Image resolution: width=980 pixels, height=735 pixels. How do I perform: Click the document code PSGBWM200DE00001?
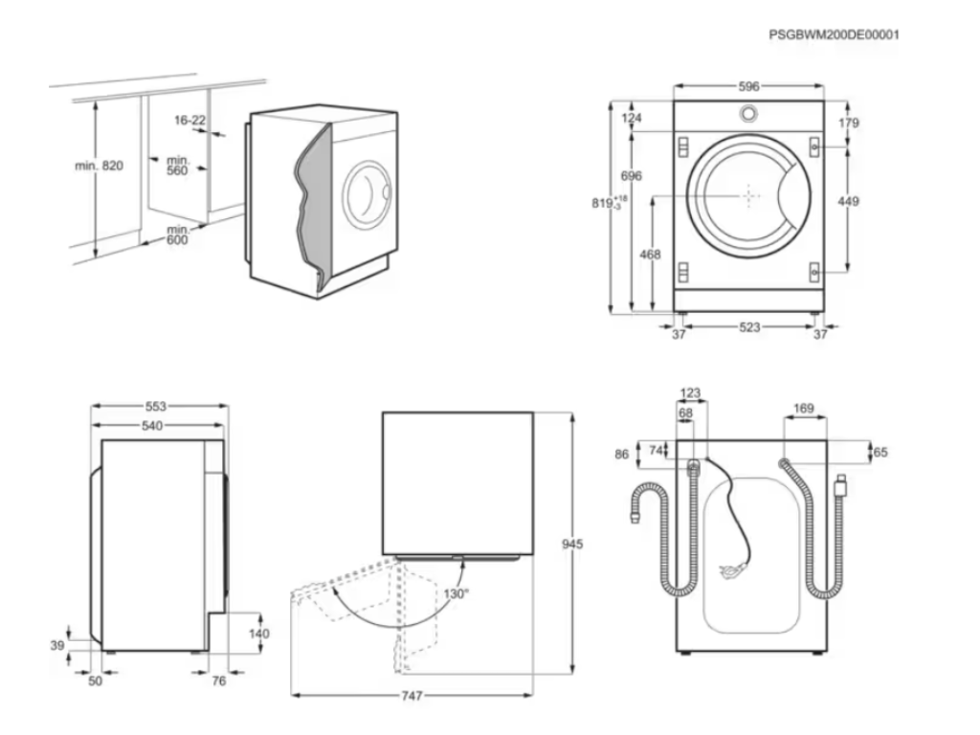coord(834,34)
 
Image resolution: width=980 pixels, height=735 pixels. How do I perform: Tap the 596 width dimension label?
coord(748,86)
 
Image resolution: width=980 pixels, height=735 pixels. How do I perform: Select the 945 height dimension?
coord(572,544)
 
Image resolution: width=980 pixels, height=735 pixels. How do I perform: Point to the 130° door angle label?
coord(457,593)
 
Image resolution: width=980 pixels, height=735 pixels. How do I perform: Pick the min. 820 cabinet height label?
coord(100,166)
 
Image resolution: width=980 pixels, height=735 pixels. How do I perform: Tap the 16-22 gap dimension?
coord(190,120)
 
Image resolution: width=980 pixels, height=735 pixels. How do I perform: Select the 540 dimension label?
coord(152,425)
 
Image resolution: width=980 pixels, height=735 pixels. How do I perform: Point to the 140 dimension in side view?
coord(258,633)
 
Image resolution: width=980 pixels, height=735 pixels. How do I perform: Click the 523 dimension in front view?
coord(749,327)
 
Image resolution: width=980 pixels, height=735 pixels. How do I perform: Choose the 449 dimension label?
coord(848,201)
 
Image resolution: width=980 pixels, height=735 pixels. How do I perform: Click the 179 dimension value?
coord(849,122)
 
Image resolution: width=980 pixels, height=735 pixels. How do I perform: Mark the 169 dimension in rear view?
coord(804,409)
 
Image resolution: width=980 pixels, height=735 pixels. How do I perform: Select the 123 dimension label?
coord(690,392)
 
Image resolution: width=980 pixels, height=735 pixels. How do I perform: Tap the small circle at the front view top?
coord(748,114)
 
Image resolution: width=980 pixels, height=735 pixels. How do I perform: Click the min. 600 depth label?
coord(177,234)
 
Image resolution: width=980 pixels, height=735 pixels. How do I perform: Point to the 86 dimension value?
coord(622,455)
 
